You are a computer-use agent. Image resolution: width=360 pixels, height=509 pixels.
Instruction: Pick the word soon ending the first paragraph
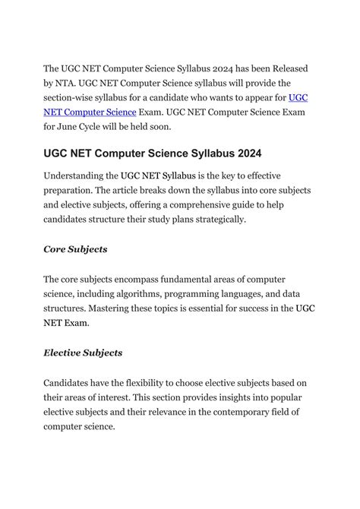pyautogui.click(x=191, y=126)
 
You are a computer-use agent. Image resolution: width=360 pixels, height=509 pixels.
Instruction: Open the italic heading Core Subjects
pyautogui.click(x=75, y=249)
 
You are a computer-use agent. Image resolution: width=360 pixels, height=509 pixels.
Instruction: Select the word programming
pyautogui.click(x=215, y=294)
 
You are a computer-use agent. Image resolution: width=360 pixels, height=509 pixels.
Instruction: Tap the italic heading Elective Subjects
pyautogui.click(x=83, y=353)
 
